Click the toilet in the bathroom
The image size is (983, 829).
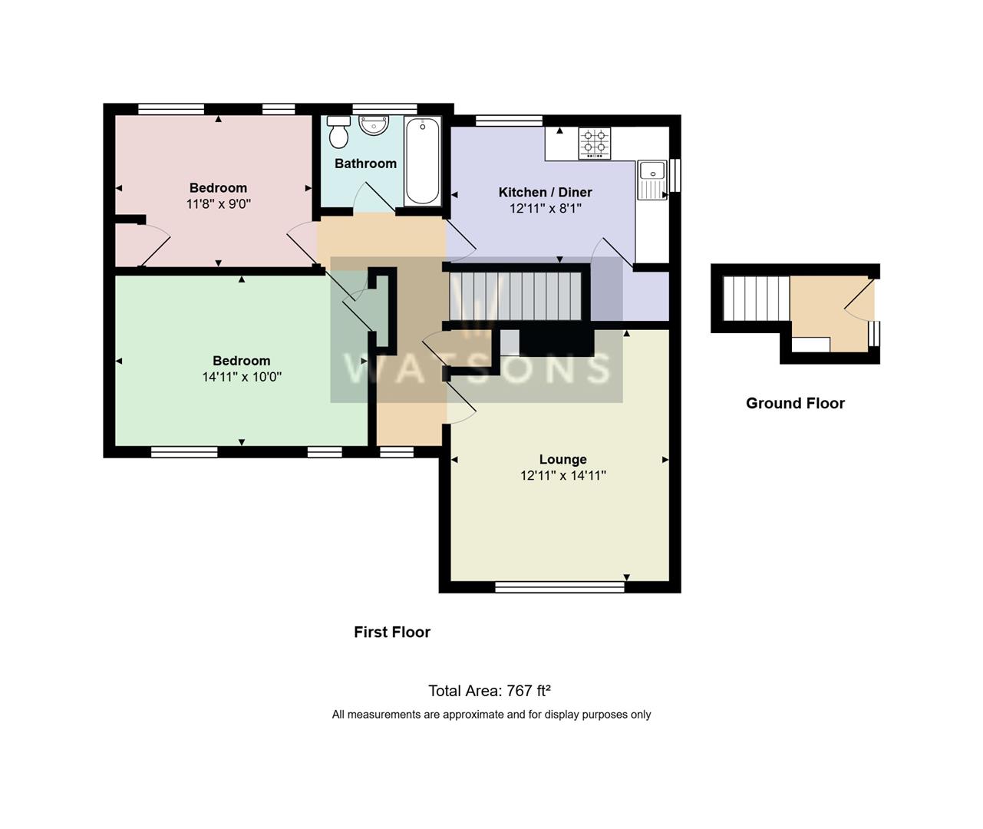[338, 132]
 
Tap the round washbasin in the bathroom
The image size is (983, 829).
[374, 125]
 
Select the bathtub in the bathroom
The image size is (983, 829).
[422, 161]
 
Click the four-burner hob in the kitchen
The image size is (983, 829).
[595, 144]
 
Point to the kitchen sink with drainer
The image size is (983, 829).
[652, 180]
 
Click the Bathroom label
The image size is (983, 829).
[365, 163]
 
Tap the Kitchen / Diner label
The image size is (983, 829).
[545, 192]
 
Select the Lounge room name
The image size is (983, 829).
[562, 459]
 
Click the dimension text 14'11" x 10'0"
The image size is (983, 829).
[242, 377]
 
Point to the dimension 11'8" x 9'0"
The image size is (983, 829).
[218, 204]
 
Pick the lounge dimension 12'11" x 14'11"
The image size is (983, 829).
[562, 475]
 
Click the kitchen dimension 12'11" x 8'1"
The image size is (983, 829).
[545, 208]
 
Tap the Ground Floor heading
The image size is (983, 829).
[795, 403]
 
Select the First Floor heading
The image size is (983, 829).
[392, 632]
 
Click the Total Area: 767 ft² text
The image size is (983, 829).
[490, 691]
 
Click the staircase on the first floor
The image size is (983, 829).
[516, 296]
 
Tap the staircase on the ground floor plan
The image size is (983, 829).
[756, 299]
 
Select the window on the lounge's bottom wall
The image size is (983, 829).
[559, 586]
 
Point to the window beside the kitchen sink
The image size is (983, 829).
[675, 175]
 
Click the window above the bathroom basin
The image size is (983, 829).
[384, 109]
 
